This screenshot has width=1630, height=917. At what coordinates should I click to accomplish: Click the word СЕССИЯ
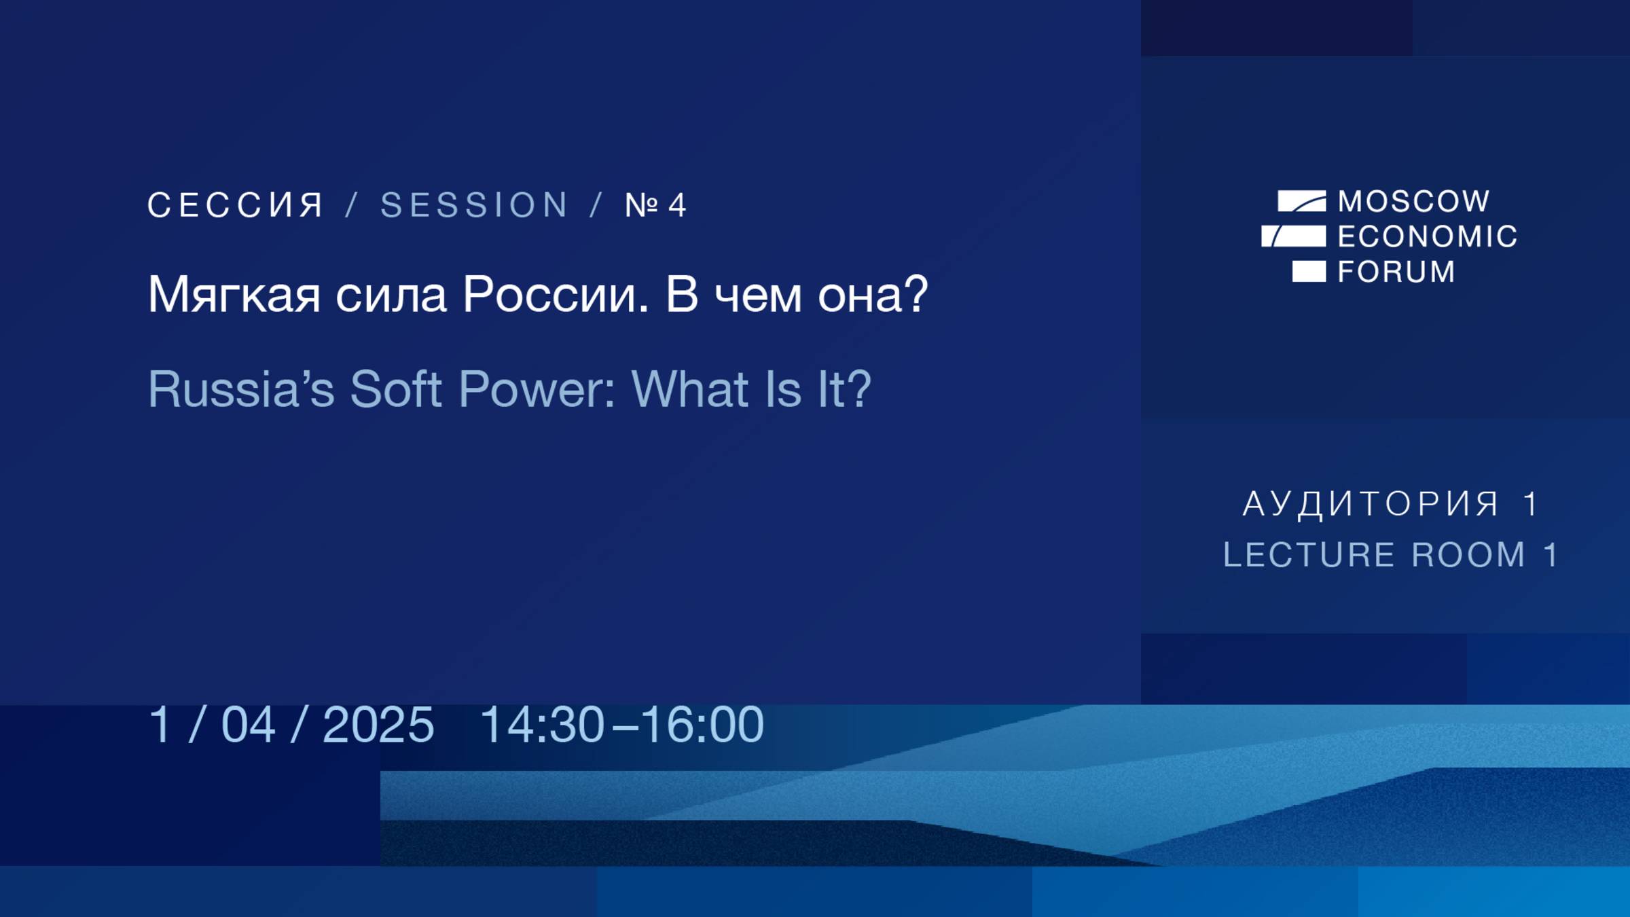tap(236, 205)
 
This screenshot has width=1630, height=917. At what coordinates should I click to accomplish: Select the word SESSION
tap(474, 205)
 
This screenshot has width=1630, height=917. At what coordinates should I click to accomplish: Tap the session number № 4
tap(655, 205)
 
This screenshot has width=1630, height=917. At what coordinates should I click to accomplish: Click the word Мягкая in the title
tap(234, 295)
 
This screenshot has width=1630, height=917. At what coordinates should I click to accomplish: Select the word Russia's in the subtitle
tap(241, 389)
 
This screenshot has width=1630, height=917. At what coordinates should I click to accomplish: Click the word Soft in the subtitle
tap(396, 389)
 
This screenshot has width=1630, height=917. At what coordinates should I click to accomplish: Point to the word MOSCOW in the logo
tap(1414, 202)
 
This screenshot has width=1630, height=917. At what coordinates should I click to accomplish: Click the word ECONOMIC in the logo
tap(1427, 237)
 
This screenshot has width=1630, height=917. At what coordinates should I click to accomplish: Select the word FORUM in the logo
tap(1396, 272)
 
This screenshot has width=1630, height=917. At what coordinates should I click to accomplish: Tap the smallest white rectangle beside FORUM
tap(1309, 271)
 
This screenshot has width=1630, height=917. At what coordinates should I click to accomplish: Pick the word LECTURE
tap(1309, 556)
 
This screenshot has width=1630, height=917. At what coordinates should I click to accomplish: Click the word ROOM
tap(1468, 556)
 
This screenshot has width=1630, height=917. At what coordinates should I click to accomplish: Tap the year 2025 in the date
tap(378, 725)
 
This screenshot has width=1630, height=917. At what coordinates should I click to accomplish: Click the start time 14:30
tap(542, 725)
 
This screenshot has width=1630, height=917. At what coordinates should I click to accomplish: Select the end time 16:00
tap(702, 725)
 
